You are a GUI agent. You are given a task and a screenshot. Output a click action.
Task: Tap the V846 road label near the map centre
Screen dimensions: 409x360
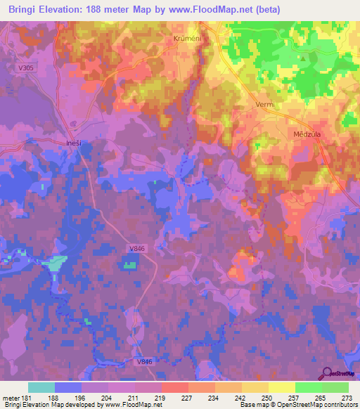coord(137,248)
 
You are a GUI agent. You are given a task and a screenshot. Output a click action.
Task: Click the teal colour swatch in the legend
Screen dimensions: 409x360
coord(41,387)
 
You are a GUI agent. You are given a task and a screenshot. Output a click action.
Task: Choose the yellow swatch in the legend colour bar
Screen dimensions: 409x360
coord(282,387)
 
